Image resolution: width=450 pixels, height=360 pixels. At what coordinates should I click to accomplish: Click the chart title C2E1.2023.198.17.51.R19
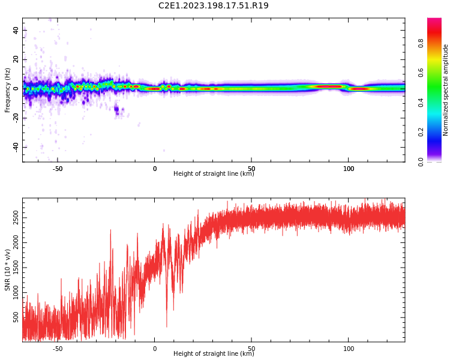pyautogui.click(x=213, y=6)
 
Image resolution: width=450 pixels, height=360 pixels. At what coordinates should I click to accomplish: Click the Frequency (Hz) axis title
pyautogui.click(x=8, y=90)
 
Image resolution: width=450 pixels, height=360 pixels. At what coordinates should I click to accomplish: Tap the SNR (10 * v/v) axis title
pyautogui.click(x=8, y=270)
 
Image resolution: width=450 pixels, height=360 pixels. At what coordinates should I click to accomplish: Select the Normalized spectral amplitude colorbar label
pyautogui.click(x=446, y=90)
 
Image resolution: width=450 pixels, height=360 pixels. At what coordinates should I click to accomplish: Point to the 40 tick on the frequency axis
pyautogui.click(x=16, y=30)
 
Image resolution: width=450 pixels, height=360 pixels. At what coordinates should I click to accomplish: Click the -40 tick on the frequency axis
pyautogui.click(x=16, y=147)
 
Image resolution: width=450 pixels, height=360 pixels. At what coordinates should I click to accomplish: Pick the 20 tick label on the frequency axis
pyautogui.click(x=16, y=59)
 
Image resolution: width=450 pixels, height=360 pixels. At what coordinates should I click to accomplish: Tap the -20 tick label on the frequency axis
pyautogui.click(x=16, y=118)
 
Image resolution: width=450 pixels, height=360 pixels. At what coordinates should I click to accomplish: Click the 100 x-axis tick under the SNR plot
pyautogui.click(x=349, y=349)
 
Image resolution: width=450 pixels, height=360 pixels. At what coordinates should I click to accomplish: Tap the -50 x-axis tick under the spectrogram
pyautogui.click(x=58, y=169)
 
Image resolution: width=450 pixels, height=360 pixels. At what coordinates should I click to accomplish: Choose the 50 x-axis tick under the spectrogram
pyautogui.click(x=251, y=169)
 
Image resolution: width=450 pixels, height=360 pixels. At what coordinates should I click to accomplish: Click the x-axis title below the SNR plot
pyautogui.click(x=214, y=354)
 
